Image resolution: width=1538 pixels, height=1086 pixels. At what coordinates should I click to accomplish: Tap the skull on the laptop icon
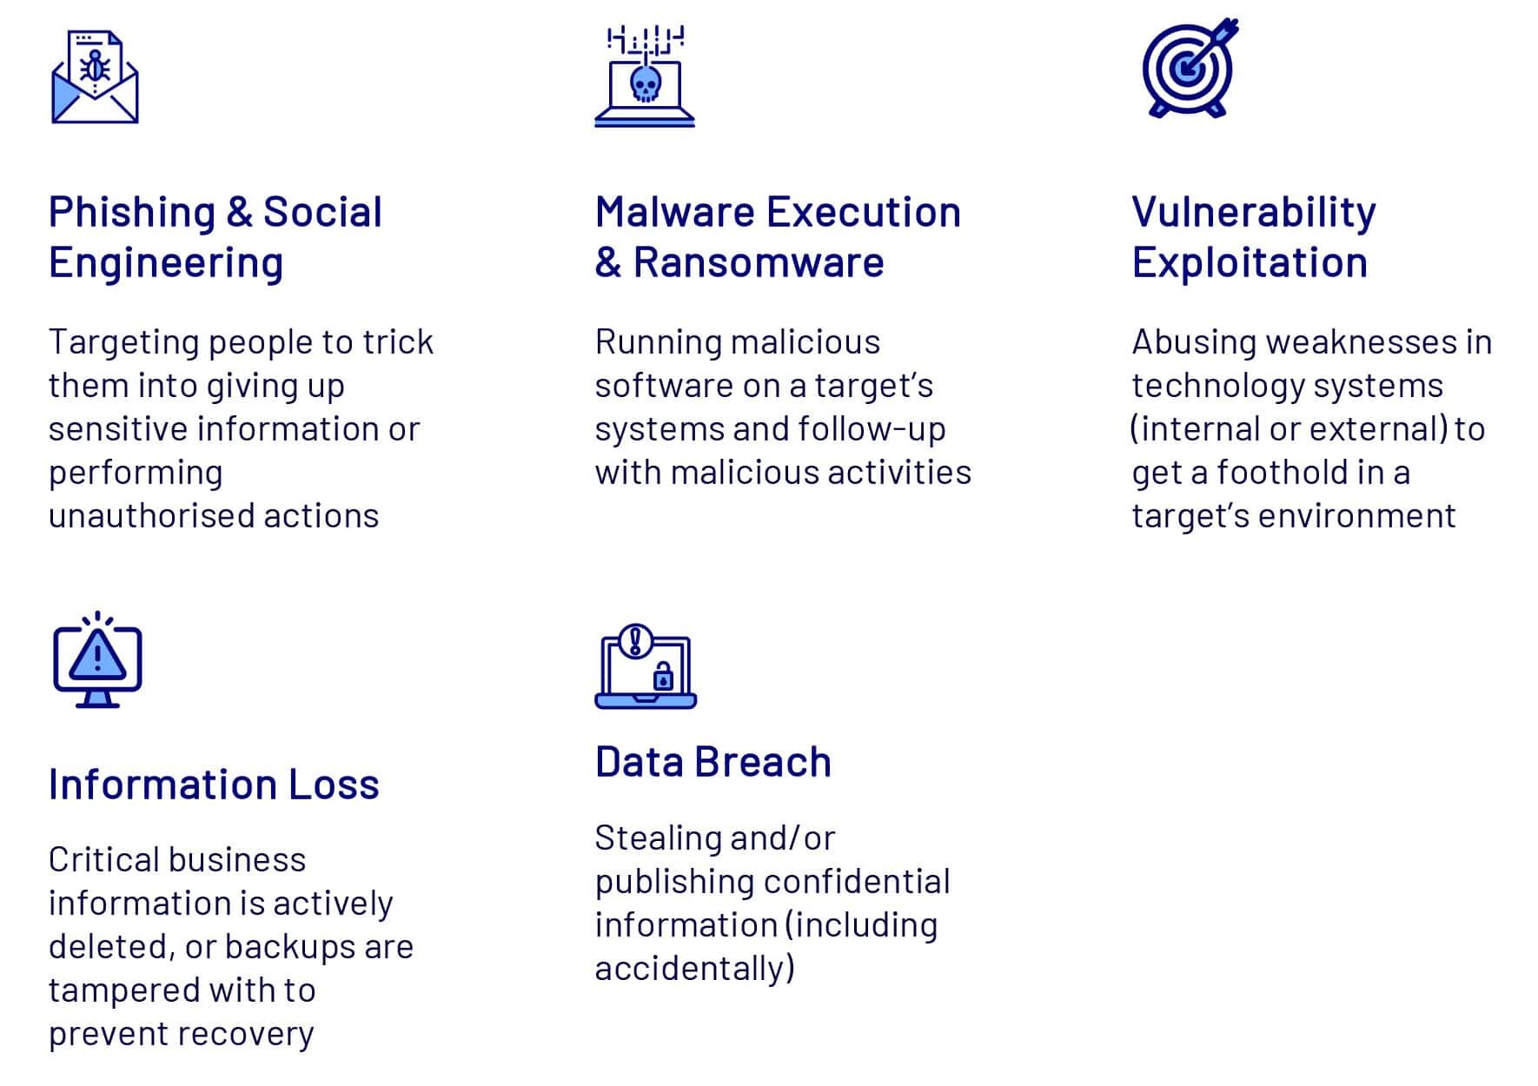point(645,85)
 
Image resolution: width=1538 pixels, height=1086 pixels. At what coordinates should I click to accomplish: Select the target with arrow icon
point(1190,67)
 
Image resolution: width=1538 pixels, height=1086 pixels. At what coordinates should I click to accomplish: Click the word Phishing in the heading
point(132,213)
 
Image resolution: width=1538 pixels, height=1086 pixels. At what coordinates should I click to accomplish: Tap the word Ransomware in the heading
point(759,262)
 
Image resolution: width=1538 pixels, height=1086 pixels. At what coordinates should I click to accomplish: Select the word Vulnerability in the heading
point(1254,213)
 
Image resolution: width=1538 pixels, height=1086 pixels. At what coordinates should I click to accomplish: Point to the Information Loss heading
point(214,784)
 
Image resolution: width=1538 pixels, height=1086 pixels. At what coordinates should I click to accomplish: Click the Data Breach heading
point(713,762)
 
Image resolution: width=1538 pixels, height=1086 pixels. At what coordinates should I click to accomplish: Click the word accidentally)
point(695,969)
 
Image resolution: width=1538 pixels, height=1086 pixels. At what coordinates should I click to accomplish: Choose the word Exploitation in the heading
point(1250,262)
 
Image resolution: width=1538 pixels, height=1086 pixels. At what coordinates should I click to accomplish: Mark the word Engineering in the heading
point(166,263)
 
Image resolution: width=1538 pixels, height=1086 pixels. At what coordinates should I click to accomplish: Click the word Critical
point(103,859)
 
